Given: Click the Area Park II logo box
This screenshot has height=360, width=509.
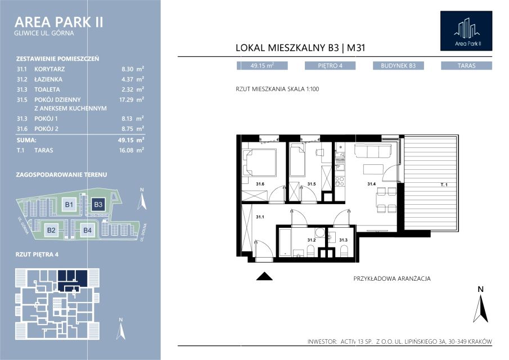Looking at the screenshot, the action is coord(466,31).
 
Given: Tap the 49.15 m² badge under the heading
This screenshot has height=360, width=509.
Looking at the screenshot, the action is coord(262,66).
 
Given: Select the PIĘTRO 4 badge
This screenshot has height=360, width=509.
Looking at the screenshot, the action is coord(330,66).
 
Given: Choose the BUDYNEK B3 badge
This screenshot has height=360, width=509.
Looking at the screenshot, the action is coord(398,66).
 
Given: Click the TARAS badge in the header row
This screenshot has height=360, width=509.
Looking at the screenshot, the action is coord(466,66).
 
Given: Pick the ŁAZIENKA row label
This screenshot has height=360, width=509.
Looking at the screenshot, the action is coord(48,79).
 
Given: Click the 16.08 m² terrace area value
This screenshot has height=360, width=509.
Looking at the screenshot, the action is coord(132,150).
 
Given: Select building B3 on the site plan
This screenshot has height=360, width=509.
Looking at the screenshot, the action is coord(98,205).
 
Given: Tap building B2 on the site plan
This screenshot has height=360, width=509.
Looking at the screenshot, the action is coord(51,231).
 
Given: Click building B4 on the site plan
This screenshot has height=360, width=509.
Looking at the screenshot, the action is coord(87,231).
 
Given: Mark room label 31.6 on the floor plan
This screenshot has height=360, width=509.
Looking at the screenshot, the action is coord(260,184).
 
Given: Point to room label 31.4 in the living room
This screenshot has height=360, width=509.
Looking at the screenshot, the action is coord(371,184).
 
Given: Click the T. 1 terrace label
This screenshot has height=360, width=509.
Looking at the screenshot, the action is coord(444,184).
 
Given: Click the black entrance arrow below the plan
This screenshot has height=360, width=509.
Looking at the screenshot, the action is coord(264,276).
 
